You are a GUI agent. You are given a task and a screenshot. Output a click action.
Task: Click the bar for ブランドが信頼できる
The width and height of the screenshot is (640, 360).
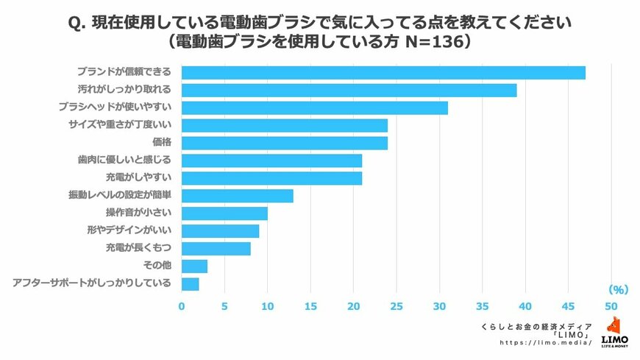tap(383, 72)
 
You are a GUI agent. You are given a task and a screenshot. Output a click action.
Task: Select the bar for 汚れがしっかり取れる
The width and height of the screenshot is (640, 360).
tap(349, 90)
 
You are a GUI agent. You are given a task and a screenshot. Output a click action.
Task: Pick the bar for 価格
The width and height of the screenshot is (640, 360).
tap(284, 143)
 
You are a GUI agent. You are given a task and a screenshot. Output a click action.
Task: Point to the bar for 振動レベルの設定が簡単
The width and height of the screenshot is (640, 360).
tap(237, 196)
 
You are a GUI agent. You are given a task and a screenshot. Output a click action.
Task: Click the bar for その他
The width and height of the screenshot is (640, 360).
tap(194, 266)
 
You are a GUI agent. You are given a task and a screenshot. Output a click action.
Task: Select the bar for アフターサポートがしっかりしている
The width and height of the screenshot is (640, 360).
tap(190, 283)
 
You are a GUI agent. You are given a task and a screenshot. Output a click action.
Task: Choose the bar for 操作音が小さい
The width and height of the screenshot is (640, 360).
tap(224, 213)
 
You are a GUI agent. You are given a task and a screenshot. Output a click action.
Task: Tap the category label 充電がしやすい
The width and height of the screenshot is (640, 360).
tap(139, 177)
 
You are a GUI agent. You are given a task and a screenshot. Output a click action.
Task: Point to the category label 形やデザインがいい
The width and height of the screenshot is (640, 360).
tap(129, 230)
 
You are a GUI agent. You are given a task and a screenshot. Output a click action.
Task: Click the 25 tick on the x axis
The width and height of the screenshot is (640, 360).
tap(396, 305)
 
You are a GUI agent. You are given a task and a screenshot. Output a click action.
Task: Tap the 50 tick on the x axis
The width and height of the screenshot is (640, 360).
tap(611, 305)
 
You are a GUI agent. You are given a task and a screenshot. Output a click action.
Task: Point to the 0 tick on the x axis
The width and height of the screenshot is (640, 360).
tap(182, 305)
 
